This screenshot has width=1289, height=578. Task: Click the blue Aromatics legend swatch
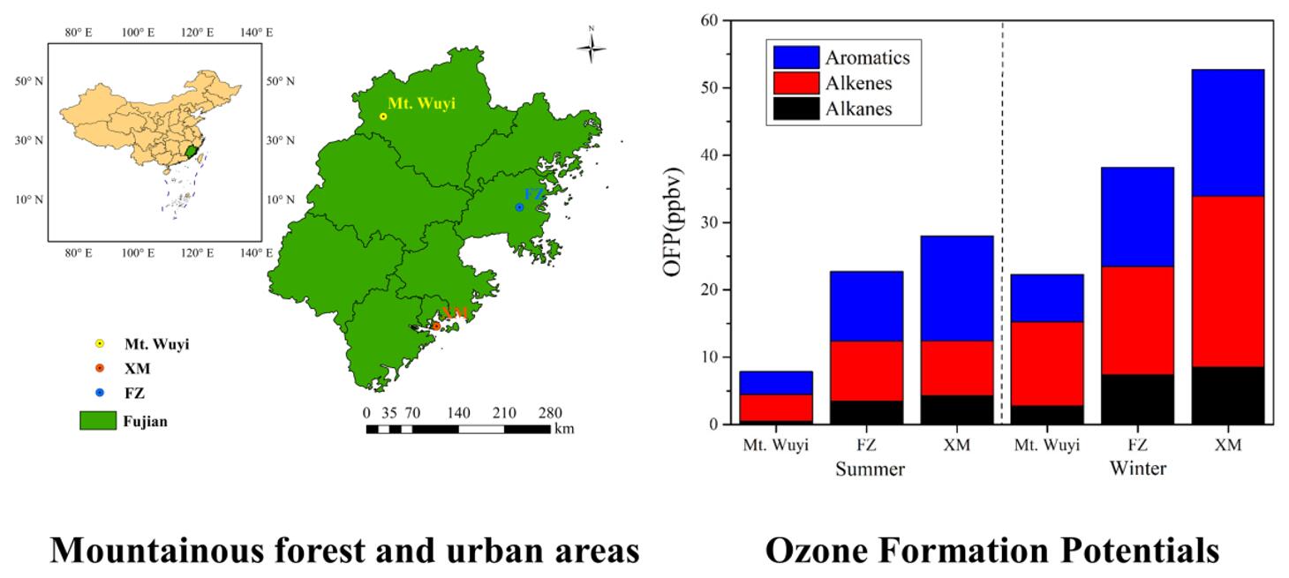coord(795,57)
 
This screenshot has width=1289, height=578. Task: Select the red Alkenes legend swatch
coord(795,83)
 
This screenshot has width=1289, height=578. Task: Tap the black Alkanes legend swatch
coord(795,109)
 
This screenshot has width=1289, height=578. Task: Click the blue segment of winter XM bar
coord(1227,132)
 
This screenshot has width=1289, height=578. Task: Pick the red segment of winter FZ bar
coord(1137,320)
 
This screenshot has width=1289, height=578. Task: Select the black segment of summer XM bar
coord(956,409)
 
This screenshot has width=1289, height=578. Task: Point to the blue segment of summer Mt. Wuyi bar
coord(776,383)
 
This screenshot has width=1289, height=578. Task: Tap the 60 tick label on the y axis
coord(707,20)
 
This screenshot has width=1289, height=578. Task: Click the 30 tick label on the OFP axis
coord(707,222)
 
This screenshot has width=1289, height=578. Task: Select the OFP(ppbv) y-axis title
coord(675,221)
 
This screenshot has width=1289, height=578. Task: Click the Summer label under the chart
coord(870,469)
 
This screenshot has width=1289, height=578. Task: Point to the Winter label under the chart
coord(1137,469)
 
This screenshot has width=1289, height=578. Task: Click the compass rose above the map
coord(591,46)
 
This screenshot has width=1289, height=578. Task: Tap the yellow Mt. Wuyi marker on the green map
coord(383,116)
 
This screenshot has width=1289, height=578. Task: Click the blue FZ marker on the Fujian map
coord(519,207)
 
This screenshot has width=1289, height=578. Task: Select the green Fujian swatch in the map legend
coord(98,421)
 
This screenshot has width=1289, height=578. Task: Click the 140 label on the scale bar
coord(458,413)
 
